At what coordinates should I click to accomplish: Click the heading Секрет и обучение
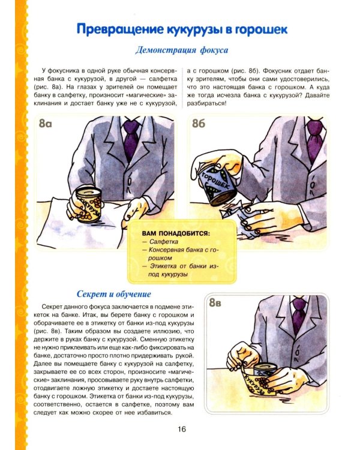[114, 294]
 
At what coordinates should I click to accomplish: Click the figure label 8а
[47, 126]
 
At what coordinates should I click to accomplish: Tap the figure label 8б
[200, 125]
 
